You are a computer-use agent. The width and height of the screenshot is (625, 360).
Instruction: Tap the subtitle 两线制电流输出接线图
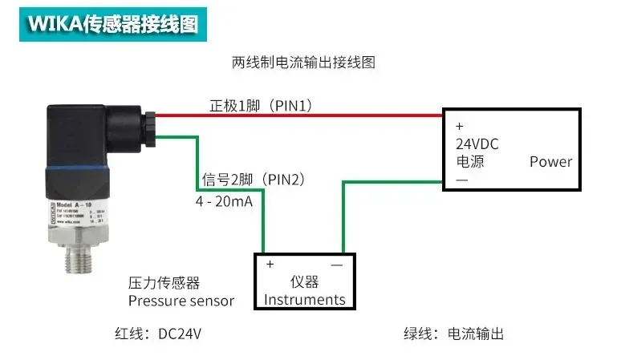[303, 62]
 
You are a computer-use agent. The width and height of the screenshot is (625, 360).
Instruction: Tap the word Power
[550, 161]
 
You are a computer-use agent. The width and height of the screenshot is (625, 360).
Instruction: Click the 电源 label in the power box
[470, 161]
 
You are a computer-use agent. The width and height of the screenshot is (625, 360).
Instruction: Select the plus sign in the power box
[460, 126]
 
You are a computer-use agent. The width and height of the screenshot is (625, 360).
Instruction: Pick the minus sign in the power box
[461, 180]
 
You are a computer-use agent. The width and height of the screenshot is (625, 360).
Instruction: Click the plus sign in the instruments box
[270, 264]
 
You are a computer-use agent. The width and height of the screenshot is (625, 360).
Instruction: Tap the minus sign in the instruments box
[337, 264]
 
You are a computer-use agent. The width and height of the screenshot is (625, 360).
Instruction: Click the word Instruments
[305, 300]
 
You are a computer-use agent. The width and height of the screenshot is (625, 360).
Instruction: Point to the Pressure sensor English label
[181, 301]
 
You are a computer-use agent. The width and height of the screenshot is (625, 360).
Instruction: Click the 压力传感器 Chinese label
[164, 282]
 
